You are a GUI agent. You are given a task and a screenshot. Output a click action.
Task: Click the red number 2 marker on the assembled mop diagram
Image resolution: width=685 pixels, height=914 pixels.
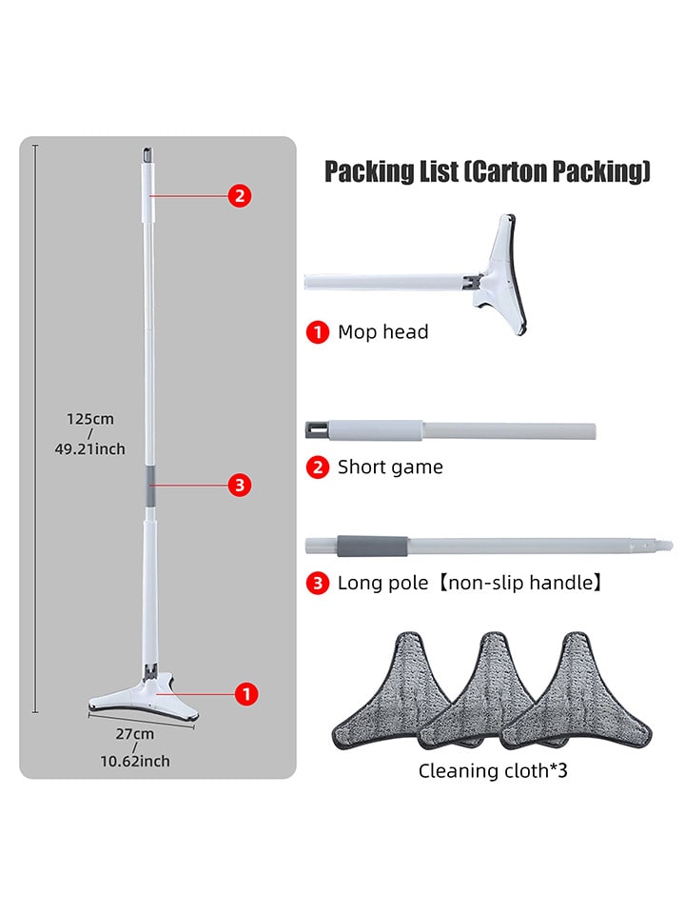[x=240, y=196]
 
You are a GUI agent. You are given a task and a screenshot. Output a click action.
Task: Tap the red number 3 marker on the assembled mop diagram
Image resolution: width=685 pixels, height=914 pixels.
[x=240, y=485]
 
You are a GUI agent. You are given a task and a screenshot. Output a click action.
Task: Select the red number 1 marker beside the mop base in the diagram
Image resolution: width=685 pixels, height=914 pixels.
[x=246, y=694]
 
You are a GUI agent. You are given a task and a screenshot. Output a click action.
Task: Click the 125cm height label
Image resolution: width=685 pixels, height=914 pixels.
[x=90, y=419]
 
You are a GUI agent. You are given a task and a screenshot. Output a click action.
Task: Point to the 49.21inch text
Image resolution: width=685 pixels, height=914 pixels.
[x=89, y=448]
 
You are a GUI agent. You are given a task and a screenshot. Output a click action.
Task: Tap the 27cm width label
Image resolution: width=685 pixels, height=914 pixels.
[x=134, y=734]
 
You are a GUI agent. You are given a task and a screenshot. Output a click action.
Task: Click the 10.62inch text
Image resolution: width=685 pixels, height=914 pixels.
[x=135, y=762]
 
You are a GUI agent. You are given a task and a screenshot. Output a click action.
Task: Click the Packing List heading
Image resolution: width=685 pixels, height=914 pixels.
[x=487, y=171]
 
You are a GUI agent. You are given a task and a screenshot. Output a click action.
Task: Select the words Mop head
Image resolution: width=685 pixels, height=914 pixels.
[x=382, y=331]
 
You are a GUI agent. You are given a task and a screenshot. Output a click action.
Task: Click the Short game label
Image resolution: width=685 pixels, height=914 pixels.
[x=390, y=467]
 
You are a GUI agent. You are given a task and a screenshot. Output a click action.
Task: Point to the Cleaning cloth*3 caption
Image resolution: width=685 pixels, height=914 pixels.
[x=493, y=770]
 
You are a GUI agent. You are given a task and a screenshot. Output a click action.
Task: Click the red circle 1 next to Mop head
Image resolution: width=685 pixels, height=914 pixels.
[x=318, y=332]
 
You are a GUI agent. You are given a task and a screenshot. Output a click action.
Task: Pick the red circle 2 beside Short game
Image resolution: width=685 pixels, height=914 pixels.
[x=318, y=467]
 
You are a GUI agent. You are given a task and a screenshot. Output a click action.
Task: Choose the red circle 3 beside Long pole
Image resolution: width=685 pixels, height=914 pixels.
[x=318, y=583]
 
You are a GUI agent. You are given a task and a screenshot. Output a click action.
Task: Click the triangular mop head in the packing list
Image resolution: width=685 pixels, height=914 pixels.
[x=501, y=274]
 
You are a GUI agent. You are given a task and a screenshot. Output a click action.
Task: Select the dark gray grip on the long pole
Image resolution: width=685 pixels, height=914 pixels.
[x=372, y=546]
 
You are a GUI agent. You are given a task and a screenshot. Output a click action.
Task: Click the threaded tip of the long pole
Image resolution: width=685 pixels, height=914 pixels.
[x=663, y=546]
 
